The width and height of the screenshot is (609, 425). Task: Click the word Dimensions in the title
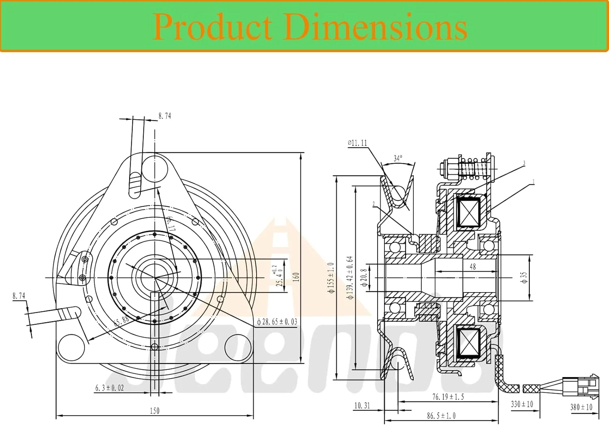[x=376, y=26]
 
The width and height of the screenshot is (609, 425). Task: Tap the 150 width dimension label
[x=155, y=411]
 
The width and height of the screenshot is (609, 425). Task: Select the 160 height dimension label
[x=296, y=277]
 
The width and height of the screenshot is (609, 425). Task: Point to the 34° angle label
[x=398, y=158]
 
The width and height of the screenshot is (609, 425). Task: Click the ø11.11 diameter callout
[x=357, y=143]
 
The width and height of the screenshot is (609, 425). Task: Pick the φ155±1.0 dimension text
[x=331, y=278]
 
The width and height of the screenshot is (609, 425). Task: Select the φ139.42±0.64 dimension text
[x=350, y=278]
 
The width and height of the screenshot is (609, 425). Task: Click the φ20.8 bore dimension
[x=364, y=278]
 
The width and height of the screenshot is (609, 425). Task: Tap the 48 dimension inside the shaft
[x=473, y=267]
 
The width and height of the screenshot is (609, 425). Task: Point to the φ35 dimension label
[x=523, y=278]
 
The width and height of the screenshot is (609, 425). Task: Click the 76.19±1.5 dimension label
[x=448, y=397]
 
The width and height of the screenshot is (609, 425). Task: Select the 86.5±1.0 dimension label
[x=441, y=416]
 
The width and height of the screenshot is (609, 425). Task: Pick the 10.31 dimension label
[x=362, y=405]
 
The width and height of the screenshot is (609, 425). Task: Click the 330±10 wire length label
[x=522, y=404]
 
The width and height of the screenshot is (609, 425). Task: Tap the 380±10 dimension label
[x=581, y=407]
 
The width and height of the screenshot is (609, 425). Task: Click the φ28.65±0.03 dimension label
[x=277, y=322]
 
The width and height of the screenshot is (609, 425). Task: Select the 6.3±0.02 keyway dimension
[x=110, y=388]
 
